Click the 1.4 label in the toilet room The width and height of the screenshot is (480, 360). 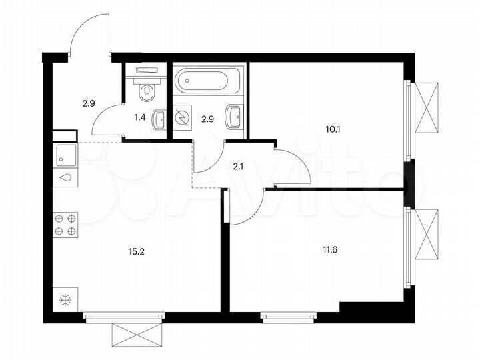pos(140,117)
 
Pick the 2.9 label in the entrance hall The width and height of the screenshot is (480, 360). pos(89,103)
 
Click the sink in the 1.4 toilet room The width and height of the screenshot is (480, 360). pos(159,119)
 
